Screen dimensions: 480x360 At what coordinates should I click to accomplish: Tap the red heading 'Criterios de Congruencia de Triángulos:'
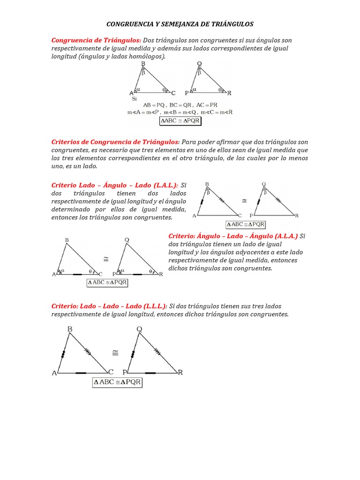[x=115, y=142]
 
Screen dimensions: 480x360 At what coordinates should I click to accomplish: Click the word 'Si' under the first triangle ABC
[x=134, y=99]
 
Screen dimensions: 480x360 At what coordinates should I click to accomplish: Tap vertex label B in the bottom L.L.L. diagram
[x=70, y=330]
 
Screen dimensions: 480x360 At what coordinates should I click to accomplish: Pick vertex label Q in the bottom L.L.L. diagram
[x=139, y=330]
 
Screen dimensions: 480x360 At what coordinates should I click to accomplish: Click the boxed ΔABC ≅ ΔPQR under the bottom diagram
[x=118, y=382]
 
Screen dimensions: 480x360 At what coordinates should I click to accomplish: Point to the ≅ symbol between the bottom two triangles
[x=115, y=352]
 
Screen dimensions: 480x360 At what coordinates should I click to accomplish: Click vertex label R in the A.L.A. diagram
[x=161, y=275]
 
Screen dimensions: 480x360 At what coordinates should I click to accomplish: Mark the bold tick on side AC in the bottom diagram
[x=81, y=373]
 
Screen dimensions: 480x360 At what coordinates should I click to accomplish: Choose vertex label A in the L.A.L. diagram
[x=195, y=216]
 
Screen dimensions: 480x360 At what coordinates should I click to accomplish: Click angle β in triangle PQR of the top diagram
[x=199, y=73]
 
